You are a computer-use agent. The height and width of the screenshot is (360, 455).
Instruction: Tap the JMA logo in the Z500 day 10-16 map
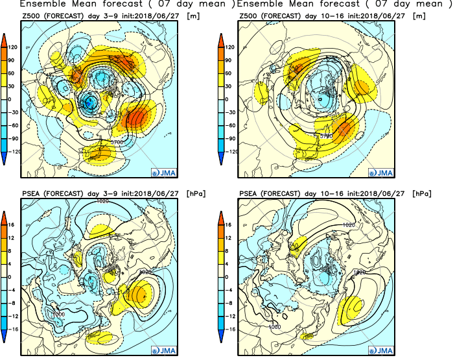(382, 173)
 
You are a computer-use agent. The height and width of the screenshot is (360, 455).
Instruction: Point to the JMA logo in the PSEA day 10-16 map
(382, 351)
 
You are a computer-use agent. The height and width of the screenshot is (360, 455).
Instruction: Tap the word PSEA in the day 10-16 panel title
(250, 193)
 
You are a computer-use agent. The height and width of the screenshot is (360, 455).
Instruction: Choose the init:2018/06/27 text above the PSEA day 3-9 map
(153, 193)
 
